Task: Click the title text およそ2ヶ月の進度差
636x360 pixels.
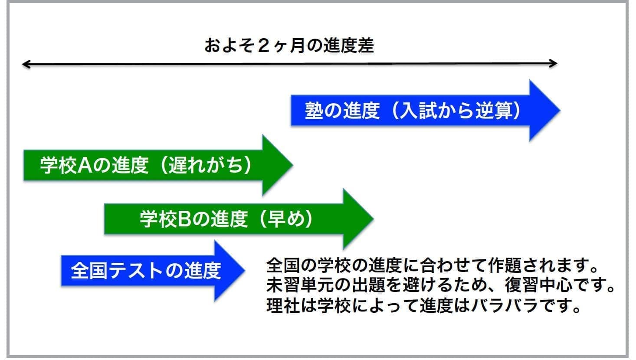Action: pos(289,46)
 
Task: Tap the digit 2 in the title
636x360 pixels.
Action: pos(264,46)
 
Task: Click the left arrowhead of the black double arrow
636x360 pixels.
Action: pos(26,64)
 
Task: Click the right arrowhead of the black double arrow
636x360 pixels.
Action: pos(554,64)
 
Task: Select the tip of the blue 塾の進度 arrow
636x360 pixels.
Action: pos(560,111)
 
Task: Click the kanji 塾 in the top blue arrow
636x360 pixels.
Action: pos(314,111)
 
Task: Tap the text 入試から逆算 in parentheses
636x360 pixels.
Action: pos(456,111)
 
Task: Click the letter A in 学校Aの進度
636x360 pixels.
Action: pos(85,165)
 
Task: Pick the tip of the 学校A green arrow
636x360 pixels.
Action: pos(293,165)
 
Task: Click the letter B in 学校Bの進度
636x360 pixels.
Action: pos(184,219)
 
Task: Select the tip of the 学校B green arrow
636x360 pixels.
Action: pos(374,219)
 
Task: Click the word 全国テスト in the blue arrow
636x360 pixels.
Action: pos(117,271)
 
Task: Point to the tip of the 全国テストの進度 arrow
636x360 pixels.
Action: pos(245,270)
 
